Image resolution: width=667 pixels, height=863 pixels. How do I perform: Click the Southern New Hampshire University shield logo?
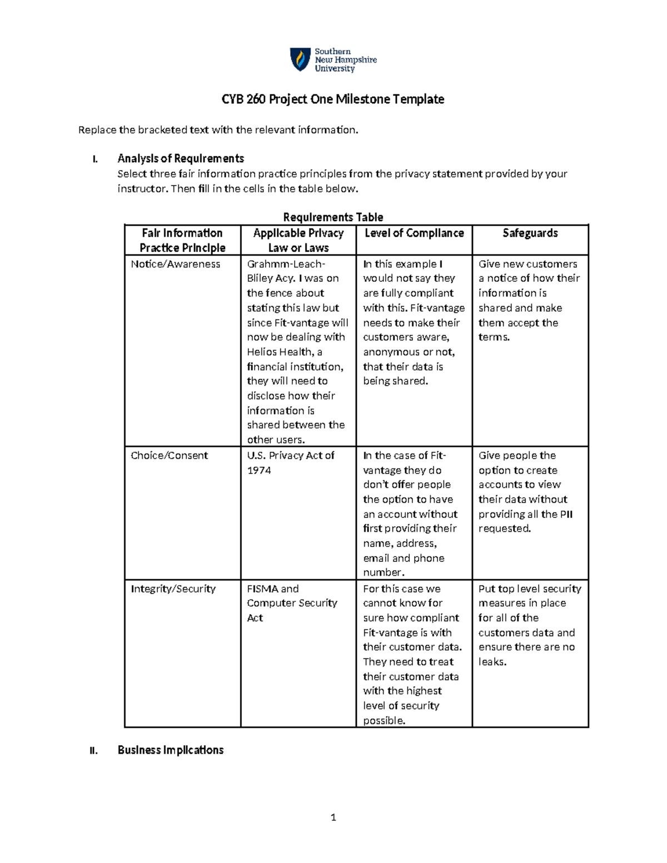click(300, 59)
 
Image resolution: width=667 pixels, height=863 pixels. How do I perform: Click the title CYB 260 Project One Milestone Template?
click(332, 99)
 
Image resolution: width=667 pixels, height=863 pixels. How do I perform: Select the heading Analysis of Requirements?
click(181, 158)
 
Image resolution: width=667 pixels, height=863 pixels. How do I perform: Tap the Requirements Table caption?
click(333, 217)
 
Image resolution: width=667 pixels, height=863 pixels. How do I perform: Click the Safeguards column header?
click(530, 233)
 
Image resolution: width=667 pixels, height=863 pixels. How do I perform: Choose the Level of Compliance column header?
click(414, 233)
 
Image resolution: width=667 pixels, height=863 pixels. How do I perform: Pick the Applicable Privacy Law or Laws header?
click(298, 240)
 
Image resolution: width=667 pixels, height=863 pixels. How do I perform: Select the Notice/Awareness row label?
click(176, 264)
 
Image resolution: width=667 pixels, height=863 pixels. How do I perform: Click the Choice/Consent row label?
click(169, 455)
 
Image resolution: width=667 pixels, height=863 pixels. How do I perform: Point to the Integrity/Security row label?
click(173, 588)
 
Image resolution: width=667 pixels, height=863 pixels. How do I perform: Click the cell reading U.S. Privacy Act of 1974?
click(290, 462)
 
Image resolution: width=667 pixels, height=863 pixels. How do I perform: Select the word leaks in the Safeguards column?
click(491, 662)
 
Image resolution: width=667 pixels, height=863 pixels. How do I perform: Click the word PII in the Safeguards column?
click(566, 514)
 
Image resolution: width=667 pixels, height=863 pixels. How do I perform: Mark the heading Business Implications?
click(170, 750)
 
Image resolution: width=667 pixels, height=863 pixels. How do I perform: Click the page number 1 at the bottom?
click(333, 817)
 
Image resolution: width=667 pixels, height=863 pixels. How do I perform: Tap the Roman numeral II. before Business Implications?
click(93, 751)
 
